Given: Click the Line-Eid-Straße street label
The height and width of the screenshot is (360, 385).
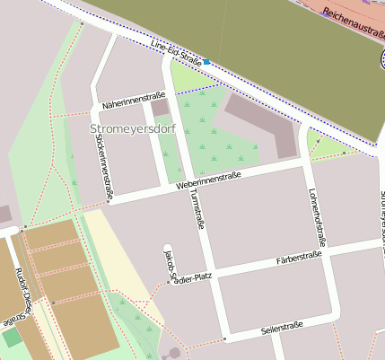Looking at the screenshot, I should coord(177,53).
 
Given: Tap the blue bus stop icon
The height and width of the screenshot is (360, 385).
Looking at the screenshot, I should coord(206,62).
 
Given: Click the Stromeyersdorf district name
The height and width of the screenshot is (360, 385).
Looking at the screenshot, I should coord(133,129).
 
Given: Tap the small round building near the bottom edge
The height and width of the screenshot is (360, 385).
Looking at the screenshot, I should coord(174,353).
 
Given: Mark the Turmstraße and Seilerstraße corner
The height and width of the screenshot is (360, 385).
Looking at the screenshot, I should coord(223,338).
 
